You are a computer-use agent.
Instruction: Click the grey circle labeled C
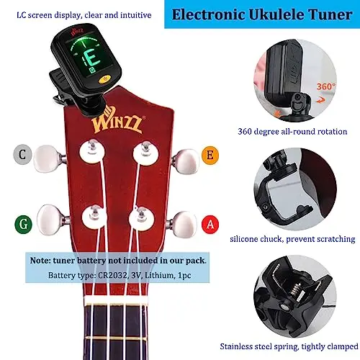[22, 155]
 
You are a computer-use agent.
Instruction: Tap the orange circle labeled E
[210, 155]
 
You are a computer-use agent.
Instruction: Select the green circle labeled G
[23, 224]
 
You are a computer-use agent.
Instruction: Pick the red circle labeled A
[210, 225]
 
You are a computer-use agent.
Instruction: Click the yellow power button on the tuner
[105, 79]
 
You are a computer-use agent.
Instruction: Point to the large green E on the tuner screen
[93, 59]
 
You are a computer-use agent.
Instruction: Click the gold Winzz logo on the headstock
[118, 120]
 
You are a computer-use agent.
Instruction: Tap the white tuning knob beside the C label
[47, 158]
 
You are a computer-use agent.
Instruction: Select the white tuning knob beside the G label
[50, 220]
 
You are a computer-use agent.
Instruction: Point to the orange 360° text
[326, 86]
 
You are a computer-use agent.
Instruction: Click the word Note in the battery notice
[40, 261]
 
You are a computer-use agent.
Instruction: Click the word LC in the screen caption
[22, 15]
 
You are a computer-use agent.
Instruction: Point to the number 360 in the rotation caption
[245, 132]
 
